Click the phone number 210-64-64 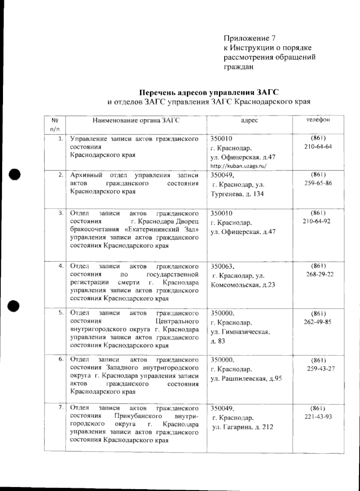[x=318, y=147]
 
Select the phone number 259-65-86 [x=318, y=183]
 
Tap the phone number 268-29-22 [x=320, y=274]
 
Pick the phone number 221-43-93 [x=318, y=417]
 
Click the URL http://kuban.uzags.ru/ [x=238, y=165]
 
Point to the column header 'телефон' [x=318, y=120]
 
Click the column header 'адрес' [x=249, y=120]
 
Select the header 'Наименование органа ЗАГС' [x=136, y=120]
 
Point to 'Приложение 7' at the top [x=249, y=38]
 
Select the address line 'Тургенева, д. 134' [x=237, y=194]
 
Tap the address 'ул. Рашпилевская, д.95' [x=246, y=379]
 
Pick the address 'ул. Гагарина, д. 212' [x=243, y=427]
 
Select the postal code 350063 [x=222, y=266]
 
